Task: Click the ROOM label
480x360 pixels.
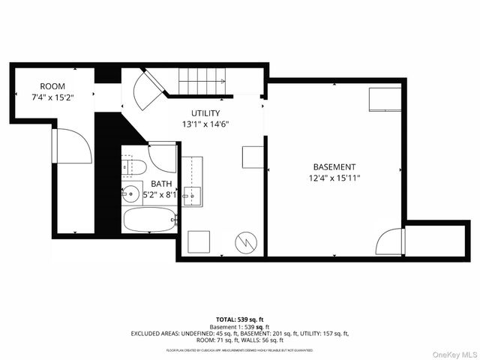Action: click(52, 86)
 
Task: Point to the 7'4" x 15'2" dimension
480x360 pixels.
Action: click(52, 96)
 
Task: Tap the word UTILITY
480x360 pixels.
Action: click(205, 113)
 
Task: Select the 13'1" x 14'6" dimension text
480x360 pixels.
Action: click(205, 124)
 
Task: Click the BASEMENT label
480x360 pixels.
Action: click(334, 166)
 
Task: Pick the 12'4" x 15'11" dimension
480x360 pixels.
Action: click(334, 178)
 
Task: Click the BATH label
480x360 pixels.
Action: click(160, 184)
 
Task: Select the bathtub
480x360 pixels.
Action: click(149, 220)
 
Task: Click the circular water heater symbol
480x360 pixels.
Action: click(246, 241)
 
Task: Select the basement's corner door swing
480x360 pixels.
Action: click(390, 241)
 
